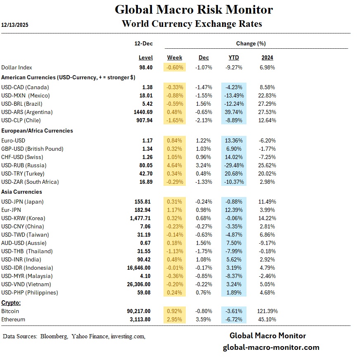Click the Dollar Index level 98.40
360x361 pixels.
(146, 67)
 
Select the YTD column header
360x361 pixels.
(234, 58)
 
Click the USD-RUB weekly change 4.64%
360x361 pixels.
(175, 165)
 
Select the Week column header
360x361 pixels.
(175, 58)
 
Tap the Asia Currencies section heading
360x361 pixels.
(22, 192)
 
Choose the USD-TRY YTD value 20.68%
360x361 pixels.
(234, 173)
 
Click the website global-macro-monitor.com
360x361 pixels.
(271, 347)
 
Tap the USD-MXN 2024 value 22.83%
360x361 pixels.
(268, 95)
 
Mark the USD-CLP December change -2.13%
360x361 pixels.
(204, 120)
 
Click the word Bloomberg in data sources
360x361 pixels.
(54, 337)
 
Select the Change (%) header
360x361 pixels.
(251, 43)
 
